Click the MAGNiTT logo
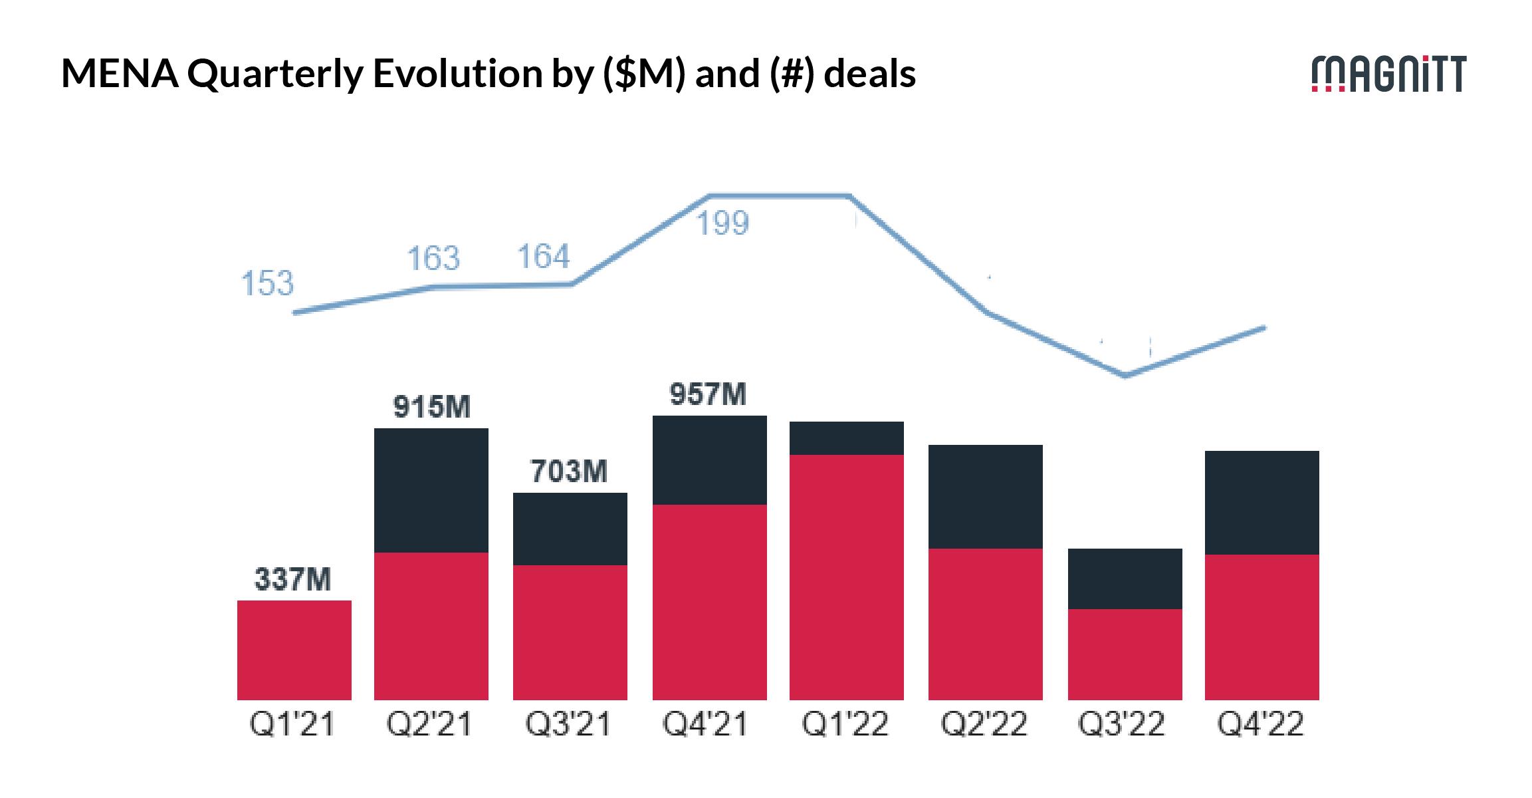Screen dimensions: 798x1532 click(x=1388, y=74)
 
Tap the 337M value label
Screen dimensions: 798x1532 click(x=292, y=579)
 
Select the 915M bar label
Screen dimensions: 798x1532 click(x=431, y=407)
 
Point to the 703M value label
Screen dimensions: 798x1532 click(x=569, y=471)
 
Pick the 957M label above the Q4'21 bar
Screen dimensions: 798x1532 click(x=708, y=394)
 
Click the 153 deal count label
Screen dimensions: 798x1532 click(x=267, y=283)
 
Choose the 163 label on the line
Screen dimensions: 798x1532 click(x=433, y=258)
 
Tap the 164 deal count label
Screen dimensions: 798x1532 click(x=543, y=257)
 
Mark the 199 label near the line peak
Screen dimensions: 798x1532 click(x=722, y=223)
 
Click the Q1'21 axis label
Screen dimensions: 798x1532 click(x=292, y=724)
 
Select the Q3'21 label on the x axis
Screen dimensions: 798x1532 click(x=568, y=724)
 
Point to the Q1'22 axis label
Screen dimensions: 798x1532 click(x=845, y=724)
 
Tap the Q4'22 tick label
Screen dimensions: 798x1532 click(x=1260, y=724)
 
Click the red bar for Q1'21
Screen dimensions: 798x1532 click(x=294, y=650)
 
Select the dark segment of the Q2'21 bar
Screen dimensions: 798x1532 click(x=431, y=490)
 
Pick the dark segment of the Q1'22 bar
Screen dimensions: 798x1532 click(x=847, y=438)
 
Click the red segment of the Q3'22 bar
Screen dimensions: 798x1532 click(x=1125, y=654)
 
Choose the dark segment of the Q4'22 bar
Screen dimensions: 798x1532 click(x=1262, y=503)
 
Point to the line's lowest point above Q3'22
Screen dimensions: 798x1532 click(x=1125, y=376)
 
